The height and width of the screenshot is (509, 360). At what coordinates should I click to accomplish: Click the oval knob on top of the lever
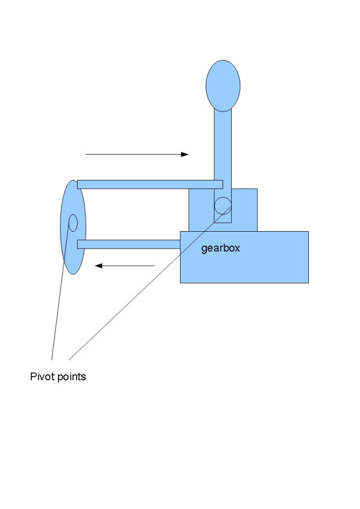pos(223,85)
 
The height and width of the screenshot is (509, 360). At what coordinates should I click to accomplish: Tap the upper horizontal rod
pos(149,184)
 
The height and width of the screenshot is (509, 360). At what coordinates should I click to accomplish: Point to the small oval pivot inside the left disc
pos(73,223)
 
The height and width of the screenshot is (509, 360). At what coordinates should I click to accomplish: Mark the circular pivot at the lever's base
pos(223,205)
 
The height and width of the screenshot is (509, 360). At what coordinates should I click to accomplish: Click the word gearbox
pos(220,248)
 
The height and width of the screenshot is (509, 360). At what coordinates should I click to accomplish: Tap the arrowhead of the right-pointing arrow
pos(185,154)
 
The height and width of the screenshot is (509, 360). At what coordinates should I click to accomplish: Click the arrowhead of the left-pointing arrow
pos(98,266)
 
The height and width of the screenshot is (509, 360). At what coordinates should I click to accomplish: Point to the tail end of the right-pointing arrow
pos(87,154)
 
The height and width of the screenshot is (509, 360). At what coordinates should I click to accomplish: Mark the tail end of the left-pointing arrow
pos(154,266)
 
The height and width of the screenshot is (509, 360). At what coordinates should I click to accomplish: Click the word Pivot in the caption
pos(42,377)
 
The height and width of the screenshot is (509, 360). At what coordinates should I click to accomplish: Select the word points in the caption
pos(72,377)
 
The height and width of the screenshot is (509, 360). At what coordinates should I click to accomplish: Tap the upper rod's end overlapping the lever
pos(219,184)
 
